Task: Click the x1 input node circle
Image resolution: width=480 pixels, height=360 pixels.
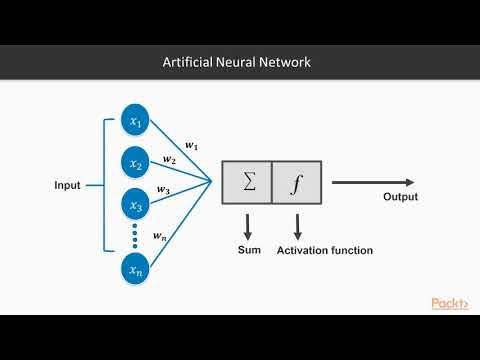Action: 136,121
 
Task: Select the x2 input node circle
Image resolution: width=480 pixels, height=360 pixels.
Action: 136,162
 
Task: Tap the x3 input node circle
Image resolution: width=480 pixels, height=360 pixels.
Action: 136,204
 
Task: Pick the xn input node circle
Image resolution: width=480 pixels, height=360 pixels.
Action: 136,269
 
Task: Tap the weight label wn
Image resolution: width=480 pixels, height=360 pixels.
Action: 160,236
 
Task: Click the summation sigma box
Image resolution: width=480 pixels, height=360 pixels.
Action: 247,183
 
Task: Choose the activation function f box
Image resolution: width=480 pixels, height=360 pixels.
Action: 296,183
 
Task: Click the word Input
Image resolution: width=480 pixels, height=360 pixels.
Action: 69,186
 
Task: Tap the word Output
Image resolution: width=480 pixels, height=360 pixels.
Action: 400,197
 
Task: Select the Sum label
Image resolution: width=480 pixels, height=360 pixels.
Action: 247,249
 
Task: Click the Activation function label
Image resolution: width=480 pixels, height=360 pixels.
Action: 325,249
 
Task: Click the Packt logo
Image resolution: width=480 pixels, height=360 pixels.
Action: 450,303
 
